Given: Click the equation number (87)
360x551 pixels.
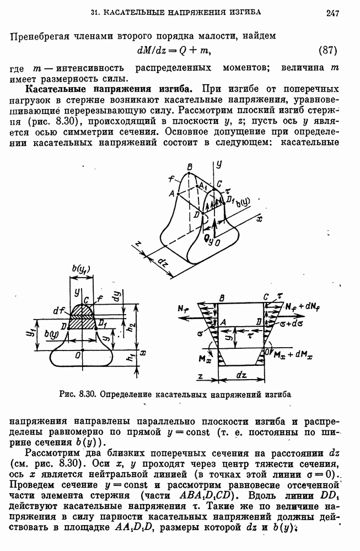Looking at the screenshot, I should point(329,51).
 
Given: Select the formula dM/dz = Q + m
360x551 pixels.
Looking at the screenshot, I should point(174,51).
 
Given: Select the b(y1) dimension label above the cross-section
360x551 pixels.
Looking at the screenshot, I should point(82,270).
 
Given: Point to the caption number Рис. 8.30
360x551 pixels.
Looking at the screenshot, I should point(78,395).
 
